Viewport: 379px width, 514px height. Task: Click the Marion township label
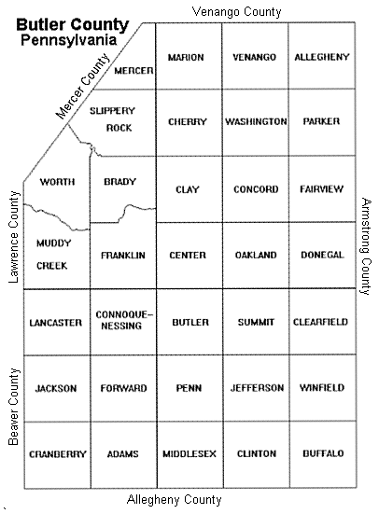pyautogui.click(x=186, y=58)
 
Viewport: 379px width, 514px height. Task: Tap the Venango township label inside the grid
pyautogui.click(x=255, y=58)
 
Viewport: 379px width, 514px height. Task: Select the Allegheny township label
pyautogui.click(x=321, y=58)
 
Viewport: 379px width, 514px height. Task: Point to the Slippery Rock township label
pyautogui.click(x=119, y=119)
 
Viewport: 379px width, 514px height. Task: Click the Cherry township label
pyautogui.click(x=187, y=122)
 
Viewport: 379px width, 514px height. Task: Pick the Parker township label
pyautogui.click(x=321, y=122)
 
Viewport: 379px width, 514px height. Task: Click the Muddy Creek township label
pyautogui.click(x=52, y=254)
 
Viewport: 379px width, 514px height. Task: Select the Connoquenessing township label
pyautogui.click(x=119, y=320)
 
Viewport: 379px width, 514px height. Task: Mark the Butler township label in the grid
pyautogui.click(x=187, y=322)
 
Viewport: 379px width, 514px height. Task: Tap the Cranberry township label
pyautogui.click(x=57, y=454)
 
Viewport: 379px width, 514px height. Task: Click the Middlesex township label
pyautogui.click(x=188, y=454)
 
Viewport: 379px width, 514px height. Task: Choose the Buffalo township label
pyautogui.click(x=322, y=454)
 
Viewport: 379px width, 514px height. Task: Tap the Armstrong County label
pyautogui.click(x=366, y=245)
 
